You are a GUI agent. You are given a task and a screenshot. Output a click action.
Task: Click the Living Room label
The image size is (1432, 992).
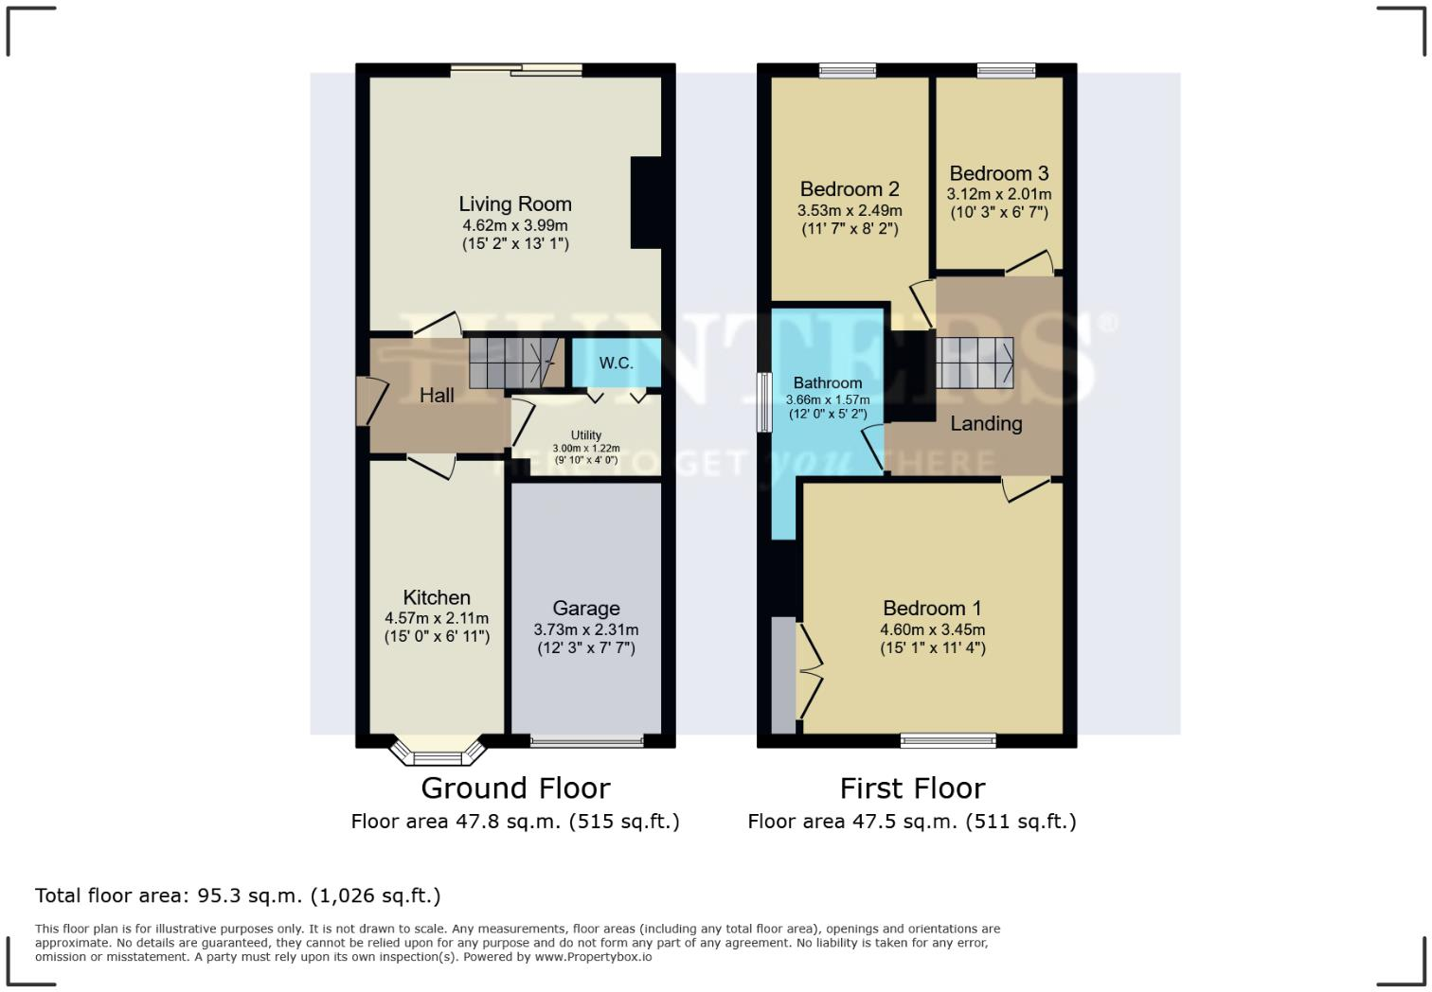[x=515, y=204]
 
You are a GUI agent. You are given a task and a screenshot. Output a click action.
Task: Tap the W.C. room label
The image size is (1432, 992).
[x=616, y=363]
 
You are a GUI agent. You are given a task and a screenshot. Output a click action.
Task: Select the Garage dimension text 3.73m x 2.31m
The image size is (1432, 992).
[x=586, y=629]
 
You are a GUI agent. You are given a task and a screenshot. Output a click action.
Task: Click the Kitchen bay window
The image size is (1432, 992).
[x=438, y=754]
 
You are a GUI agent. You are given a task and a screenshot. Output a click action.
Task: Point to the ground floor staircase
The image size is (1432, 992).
[x=511, y=363]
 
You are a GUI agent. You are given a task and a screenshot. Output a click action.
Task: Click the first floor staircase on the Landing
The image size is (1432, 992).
[x=975, y=363]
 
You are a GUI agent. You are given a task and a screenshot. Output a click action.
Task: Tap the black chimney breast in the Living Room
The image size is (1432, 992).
[x=646, y=203]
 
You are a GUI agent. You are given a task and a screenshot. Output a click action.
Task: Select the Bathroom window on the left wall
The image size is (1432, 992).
[x=763, y=402]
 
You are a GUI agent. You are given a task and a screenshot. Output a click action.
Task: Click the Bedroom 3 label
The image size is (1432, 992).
[x=999, y=173]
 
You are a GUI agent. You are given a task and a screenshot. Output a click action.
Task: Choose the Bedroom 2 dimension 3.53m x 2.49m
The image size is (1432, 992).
[x=850, y=210]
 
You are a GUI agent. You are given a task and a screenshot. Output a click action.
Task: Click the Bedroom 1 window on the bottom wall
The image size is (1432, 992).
[x=948, y=740]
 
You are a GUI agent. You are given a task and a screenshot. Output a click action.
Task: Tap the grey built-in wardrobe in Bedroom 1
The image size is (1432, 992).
[x=784, y=675]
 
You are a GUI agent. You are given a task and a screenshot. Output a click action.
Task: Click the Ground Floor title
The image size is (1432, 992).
[x=515, y=788]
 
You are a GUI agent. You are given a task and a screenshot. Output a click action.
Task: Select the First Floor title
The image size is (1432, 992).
[x=912, y=788]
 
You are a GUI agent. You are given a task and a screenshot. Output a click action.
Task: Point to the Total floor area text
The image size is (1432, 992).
[x=238, y=895]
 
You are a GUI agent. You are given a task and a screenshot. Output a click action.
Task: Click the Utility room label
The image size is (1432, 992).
[x=586, y=435]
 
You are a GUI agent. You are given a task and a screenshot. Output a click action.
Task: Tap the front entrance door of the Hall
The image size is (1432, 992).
[x=363, y=401]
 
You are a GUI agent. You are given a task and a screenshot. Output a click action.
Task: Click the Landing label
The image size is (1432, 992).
[x=986, y=423]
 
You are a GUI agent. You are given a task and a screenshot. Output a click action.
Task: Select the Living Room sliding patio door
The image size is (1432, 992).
[x=516, y=69]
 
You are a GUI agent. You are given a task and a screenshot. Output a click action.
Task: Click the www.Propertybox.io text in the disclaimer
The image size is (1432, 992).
[x=593, y=957]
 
